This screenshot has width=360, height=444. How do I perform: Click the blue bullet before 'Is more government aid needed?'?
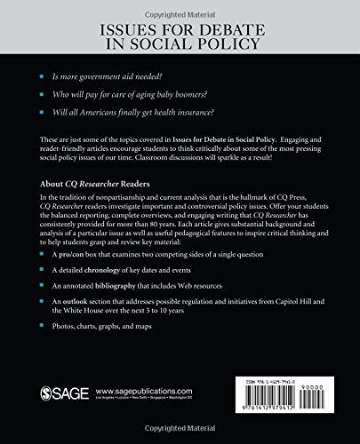tap(42, 80)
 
